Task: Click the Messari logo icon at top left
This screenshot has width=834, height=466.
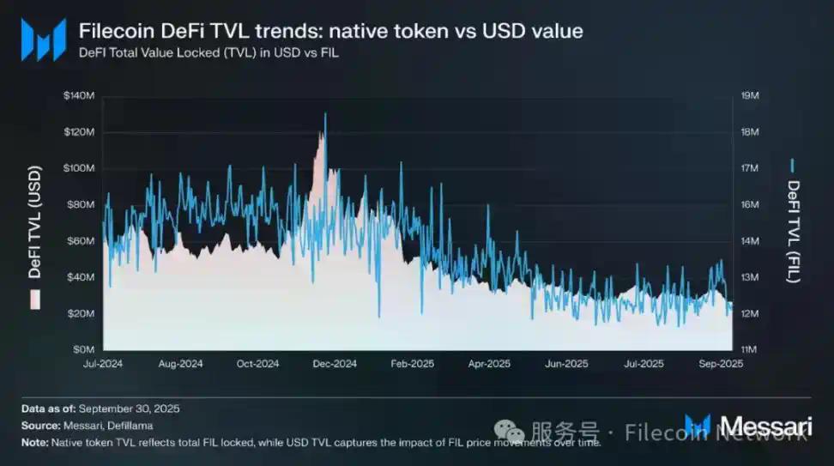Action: (43, 39)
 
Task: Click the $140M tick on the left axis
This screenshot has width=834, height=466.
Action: (78, 95)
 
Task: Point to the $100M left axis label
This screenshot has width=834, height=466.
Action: (78, 168)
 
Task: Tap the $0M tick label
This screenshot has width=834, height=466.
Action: (83, 350)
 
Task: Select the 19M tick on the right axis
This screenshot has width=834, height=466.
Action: (750, 95)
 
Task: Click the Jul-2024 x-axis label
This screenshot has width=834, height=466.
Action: (104, 364)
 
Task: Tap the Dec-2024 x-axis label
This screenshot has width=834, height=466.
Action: (335, 364)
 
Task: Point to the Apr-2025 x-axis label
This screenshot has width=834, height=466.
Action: (490, 364)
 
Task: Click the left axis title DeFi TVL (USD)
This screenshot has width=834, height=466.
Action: (35, 224)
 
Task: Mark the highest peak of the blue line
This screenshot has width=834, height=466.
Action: (325, 114)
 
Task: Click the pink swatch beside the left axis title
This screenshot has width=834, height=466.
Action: (35, 300)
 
